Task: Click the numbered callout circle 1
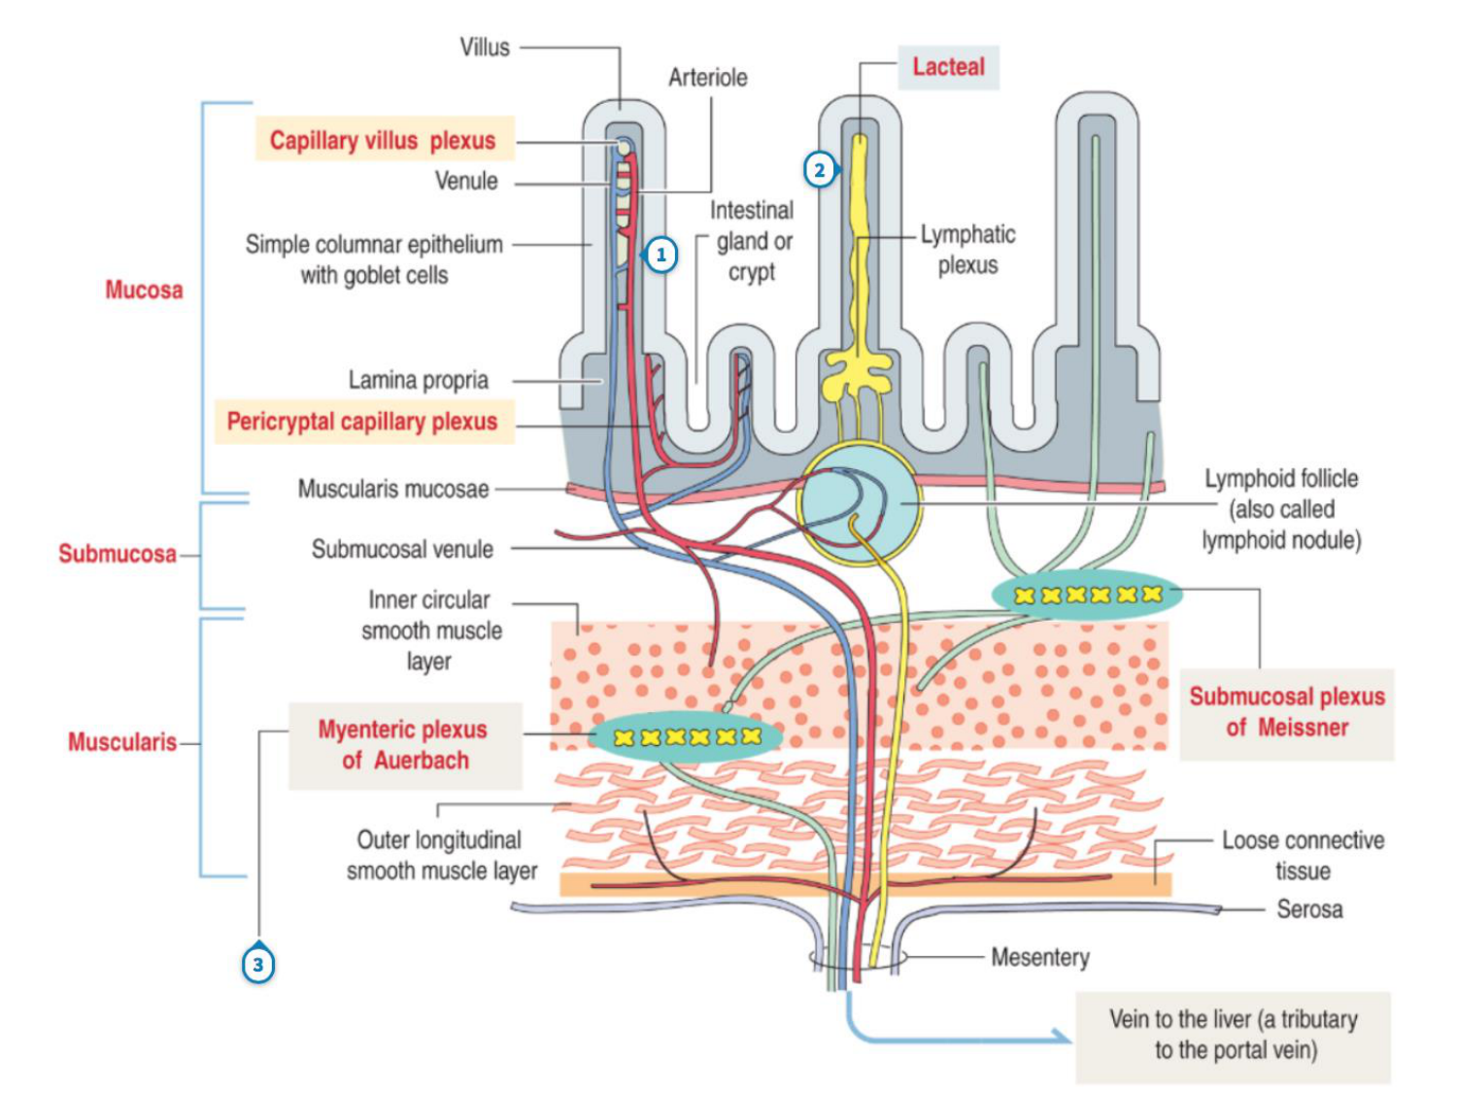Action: tap(661, 255)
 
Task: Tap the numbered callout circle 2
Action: tap(820, 170)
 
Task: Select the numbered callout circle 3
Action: tap(258, 965)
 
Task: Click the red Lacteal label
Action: tap(948, 67)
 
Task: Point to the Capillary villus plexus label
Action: tap(383, 140)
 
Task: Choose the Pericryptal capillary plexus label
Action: tap(362, 422)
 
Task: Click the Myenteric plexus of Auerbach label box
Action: tap(404, 745)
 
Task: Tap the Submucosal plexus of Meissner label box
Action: tap(1287, 712)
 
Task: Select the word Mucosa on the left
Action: tap(144, 290)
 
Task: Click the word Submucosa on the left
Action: tap(118, 554)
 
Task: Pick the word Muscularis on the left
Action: tap(122, 742)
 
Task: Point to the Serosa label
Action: tap(1309, 909)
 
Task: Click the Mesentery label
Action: tap(1040, 958)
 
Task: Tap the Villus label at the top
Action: tap(485, 48)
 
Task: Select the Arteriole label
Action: tap(708, 78)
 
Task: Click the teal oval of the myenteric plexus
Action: tap(686, 736)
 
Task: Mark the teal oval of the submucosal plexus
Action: tap(1087, 595)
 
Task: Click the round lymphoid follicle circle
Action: tap(859, 503)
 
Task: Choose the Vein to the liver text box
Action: tap(1233, 1036)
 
